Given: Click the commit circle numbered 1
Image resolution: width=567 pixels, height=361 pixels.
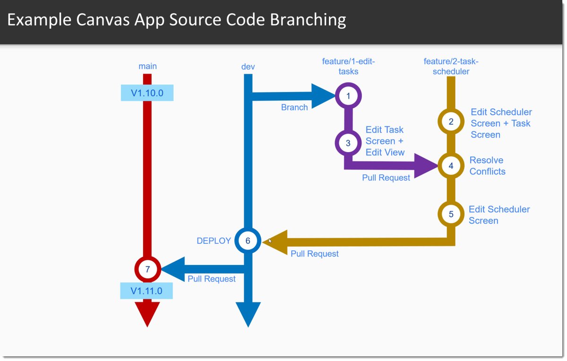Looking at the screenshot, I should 348,96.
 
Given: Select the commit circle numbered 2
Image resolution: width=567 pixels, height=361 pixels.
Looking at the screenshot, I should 451,121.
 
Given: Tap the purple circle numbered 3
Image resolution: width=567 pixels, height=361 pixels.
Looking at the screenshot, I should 348,143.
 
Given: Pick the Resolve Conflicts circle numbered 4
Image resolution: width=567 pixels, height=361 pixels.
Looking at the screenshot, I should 451,166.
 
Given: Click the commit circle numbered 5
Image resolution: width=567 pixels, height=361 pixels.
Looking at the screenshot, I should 451,214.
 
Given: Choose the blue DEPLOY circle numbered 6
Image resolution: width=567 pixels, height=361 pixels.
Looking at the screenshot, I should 248,241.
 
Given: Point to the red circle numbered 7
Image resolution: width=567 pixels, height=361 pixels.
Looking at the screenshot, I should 147,269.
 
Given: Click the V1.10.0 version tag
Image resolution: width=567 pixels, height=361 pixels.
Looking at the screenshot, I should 147,93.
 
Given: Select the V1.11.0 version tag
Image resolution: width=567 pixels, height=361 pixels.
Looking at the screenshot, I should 146,291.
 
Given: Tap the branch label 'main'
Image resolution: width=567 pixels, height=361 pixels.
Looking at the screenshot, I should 147,66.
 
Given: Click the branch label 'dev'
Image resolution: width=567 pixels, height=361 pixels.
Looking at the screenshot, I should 248,67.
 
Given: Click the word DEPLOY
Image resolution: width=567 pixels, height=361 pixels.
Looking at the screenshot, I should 214,241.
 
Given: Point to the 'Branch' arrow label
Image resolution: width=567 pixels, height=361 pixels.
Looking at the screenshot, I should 294,107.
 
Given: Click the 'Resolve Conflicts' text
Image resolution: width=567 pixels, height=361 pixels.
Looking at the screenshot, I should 487,166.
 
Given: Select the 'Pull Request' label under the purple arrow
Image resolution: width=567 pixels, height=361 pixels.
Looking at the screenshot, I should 386,178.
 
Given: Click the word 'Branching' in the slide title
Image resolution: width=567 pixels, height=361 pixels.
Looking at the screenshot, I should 309,20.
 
